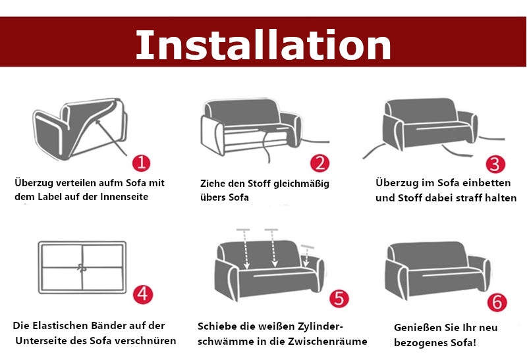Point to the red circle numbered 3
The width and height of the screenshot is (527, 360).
tap(495, 164)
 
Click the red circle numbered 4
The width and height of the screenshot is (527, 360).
tap(143, 294)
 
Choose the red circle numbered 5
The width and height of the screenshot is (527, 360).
tap(338, 298)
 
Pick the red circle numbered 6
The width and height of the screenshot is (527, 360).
tap(497, 302)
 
